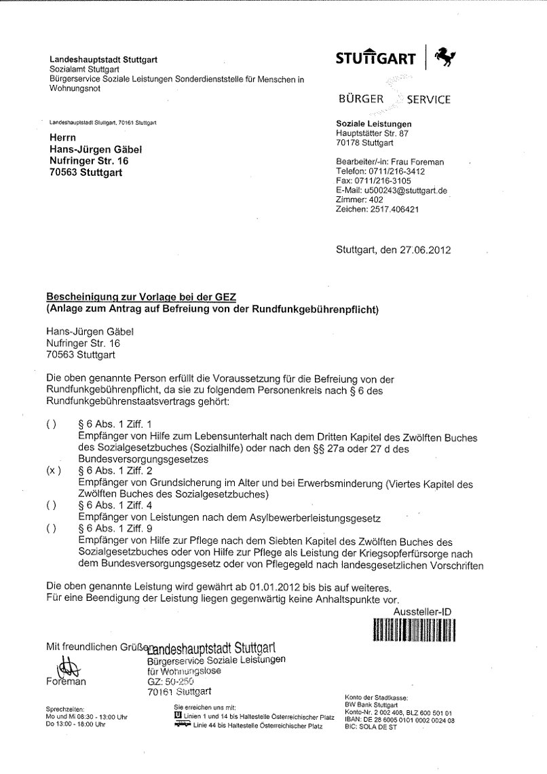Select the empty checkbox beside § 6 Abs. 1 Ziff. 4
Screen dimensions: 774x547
52,506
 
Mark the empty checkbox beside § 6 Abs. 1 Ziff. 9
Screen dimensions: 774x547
52,528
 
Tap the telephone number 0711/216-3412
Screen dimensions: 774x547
413,173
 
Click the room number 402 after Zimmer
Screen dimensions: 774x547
377,200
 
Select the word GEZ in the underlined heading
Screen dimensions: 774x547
231,297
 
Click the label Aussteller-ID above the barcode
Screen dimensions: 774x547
423,611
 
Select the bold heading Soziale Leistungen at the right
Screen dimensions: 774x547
373,123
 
